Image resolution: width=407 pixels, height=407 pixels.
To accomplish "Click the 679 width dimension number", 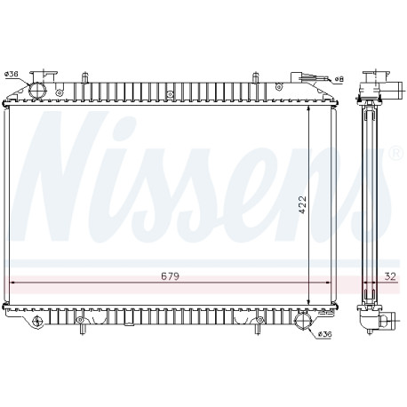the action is tap(171, 276).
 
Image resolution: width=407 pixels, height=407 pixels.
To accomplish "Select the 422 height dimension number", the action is tap(302, 204).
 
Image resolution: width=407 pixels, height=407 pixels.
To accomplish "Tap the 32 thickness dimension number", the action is tap(390, 276).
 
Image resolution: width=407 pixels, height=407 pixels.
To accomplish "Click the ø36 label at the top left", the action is tap(12, 74).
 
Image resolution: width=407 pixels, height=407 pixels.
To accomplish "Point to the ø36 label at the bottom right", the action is tap(324, 334).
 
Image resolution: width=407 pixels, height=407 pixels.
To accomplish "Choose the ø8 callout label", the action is tap(339, 79).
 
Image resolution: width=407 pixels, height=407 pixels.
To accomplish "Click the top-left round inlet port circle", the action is tap(37, 90).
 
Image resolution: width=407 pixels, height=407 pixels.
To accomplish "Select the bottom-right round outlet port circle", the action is tap(303, 321).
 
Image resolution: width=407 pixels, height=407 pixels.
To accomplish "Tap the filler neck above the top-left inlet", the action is tap(44, 76).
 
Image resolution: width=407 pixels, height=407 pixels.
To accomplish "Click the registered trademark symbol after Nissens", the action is tap(397, 154).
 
